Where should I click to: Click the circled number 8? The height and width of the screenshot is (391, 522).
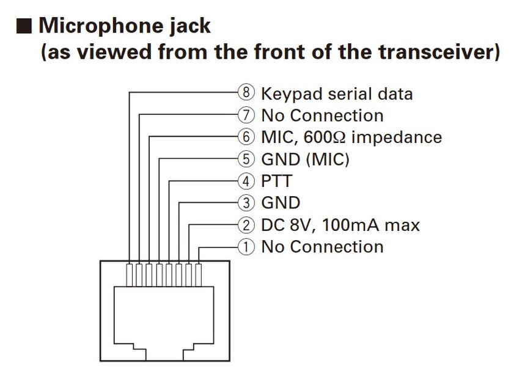[245, 93]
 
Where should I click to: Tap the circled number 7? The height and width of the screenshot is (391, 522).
[245, 115]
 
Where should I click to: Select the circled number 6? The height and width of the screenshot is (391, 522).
[245, 137]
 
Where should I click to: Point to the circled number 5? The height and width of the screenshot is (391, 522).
[245, 159]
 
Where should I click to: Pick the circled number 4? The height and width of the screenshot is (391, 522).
[245, 181]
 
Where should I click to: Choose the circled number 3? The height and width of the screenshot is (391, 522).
[245, 203]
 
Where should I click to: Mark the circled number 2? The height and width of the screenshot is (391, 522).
[245, 225]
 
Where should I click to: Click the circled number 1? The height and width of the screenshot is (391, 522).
[245, 247]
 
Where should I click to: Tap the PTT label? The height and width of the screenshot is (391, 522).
[276, 181]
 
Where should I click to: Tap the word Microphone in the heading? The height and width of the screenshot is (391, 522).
[106, 27]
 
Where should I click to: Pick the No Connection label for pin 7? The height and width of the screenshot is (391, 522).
[322, 115]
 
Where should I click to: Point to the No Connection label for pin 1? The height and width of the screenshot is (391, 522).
[322, 247]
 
